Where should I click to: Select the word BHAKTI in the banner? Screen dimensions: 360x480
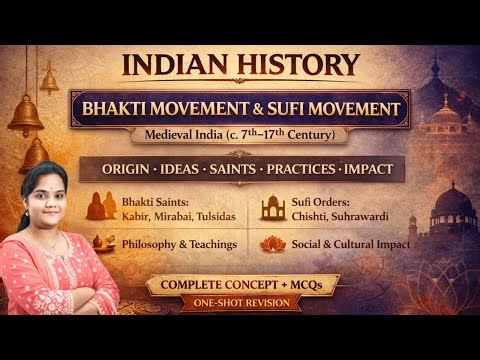pos(138,108)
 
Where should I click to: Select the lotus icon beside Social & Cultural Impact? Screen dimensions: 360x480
pos(272,243)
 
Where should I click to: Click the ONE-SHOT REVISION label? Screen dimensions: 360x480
pos(241,305)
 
